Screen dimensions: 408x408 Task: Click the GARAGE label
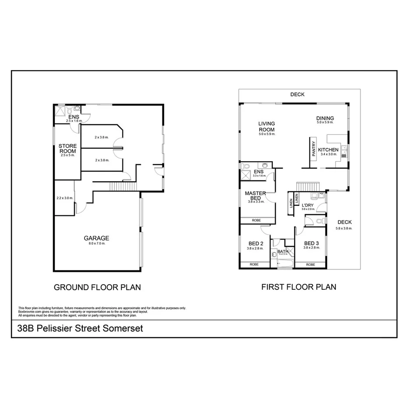(x=97, y=238)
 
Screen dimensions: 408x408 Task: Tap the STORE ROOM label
(x=68, y=149)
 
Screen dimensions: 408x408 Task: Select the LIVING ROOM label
(x=266, y=127)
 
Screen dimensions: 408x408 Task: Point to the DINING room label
(x=325, y=118)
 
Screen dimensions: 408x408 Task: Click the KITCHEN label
(x=328, y=150)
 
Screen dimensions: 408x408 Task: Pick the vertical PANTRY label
(x=314, y=148)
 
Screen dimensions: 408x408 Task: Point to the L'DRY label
(x=308, y=204)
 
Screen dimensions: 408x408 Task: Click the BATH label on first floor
(x=282, y=251)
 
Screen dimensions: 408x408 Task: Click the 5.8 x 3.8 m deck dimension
(x=344, y=228)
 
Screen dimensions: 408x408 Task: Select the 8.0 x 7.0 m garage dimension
(x=96, y=243)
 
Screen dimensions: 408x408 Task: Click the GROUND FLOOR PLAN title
(x=97, y=288)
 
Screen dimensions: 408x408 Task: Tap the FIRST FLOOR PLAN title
(x=299, y=287)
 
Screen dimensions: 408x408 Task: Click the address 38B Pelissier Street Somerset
(x=80, y=328)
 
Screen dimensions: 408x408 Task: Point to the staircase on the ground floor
(x=123, y=187)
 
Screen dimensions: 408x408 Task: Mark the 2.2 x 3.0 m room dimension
(x=65, y=198)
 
